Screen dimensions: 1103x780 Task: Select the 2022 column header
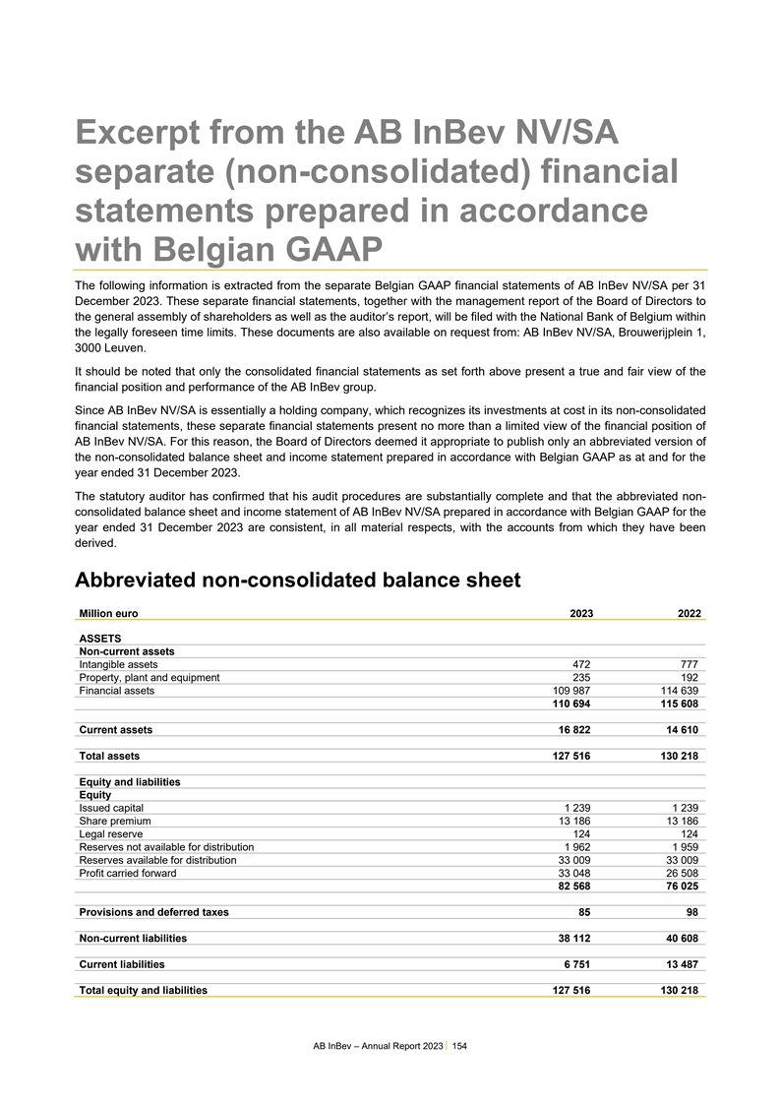[x=689, y=613]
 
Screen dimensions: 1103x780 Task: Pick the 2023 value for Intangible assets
[x=580, y=664]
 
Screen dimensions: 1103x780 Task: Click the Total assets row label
[x=109, y=757]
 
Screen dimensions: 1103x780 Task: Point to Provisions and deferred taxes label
[x=153, y=912]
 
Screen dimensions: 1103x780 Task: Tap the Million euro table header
[x=108, y=613]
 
